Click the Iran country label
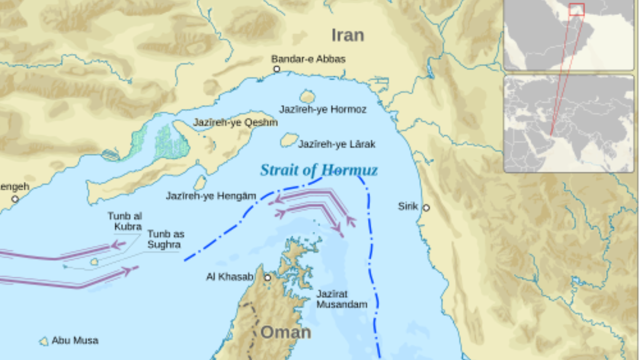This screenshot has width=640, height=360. (348, 35)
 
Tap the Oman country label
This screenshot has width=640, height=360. (285, 332)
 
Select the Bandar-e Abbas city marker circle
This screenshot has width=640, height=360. (276, 69)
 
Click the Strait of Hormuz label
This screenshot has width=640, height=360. (318, 170)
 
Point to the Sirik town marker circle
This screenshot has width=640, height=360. (426, 207)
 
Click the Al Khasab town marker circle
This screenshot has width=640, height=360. (267, 277)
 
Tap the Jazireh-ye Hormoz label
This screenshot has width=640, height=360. (323, 109)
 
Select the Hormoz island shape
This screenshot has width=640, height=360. (307, 97)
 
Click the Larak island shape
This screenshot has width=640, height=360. (289, 140)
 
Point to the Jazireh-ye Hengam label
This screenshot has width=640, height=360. (211, 196)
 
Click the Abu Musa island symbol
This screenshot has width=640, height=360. (44, 341)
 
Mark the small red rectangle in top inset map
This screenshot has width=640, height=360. (577, 9)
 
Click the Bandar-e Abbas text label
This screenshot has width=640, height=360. (308, 59)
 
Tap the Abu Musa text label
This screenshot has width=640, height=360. (75, 340)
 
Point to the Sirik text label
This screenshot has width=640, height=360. (408, 206)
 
